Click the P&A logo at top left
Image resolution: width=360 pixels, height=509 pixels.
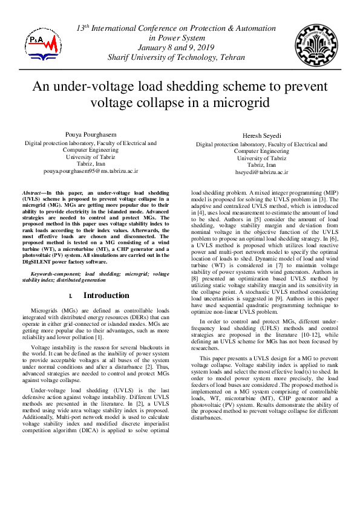(x=44, y=42)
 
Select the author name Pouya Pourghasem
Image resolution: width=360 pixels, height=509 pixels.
(x=90, y=134)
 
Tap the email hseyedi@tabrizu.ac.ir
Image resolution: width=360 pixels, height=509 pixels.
(x=261, y=172)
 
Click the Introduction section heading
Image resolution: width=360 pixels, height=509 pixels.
(x=106, y=296)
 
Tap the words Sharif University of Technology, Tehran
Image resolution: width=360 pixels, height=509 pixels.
(x=175, y=57)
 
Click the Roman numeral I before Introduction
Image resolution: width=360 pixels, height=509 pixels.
(x=71, y=296)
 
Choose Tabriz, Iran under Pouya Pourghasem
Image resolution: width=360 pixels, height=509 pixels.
(x=90, y=164)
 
